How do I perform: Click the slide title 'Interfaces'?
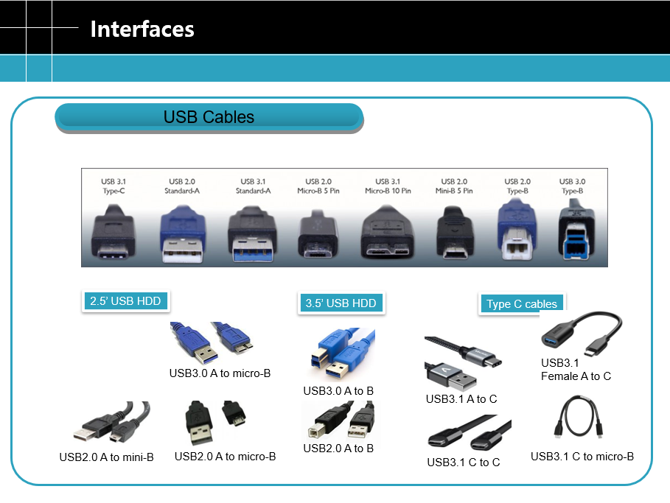click(142, 29)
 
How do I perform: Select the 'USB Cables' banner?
click(209, 117)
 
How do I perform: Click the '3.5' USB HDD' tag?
click(341, 303)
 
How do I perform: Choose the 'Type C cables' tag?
click(522, 304)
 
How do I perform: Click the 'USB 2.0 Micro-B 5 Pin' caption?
click(318, 186)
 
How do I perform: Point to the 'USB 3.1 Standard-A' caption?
click(253, 186)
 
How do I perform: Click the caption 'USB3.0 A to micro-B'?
click(220, 373)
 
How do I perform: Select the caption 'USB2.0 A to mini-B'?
click(106, 457)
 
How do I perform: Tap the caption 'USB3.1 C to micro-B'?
click(582, 457)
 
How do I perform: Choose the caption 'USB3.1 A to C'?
click(461, 399)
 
